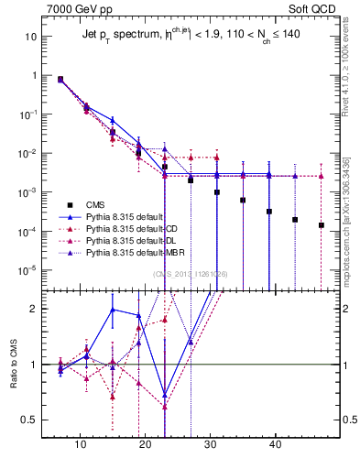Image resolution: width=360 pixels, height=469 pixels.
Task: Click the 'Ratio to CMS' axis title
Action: pos(11,363)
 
